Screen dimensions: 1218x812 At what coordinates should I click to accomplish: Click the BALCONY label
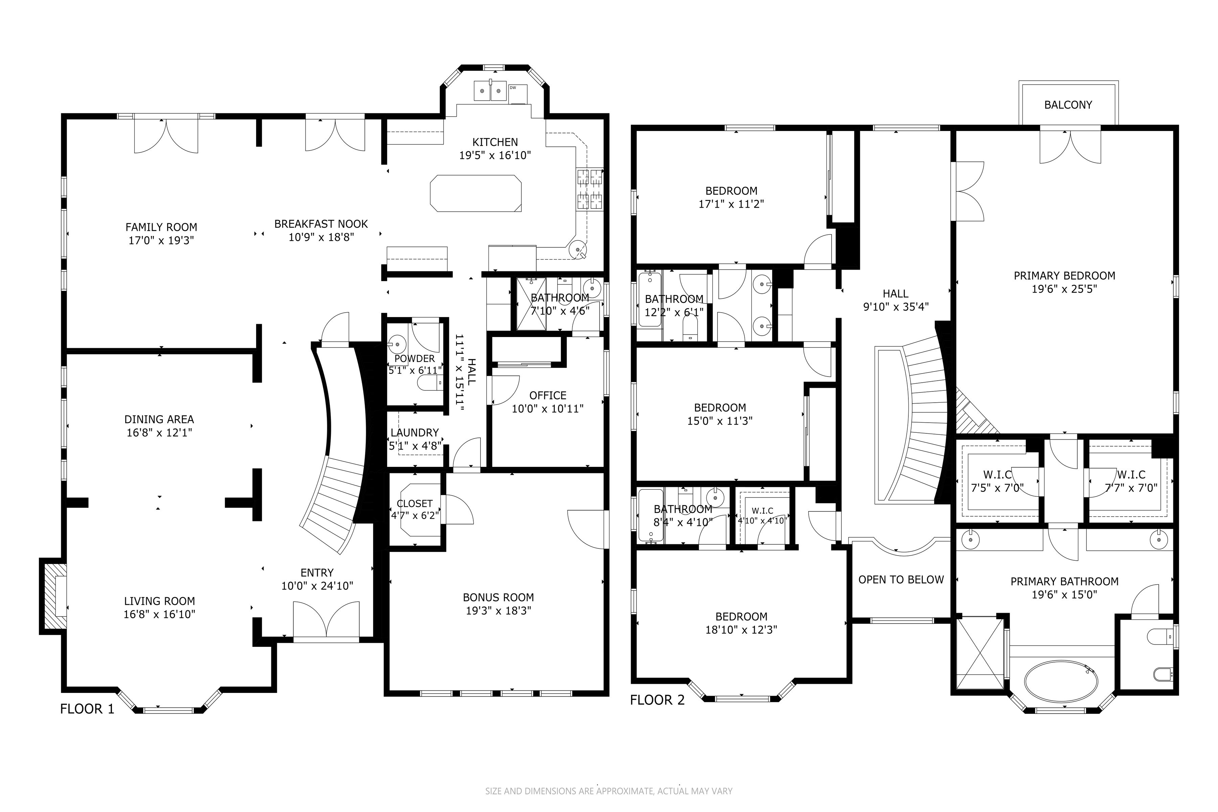(x=1068, y=105)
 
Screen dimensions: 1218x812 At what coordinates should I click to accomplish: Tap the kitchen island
(x=475, y=193)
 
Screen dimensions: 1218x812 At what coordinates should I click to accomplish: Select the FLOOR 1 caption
(x=87, y=709)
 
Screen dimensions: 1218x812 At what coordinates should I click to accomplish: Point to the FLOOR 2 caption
(x=657, y=700)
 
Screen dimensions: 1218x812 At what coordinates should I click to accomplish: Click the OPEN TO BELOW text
(x=901, y=580)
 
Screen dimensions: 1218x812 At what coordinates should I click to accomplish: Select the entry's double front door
(x=326, y=622)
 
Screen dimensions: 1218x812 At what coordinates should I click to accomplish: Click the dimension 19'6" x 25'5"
(x=1064, y=289)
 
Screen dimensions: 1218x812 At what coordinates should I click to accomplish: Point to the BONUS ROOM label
(x=498, y=597)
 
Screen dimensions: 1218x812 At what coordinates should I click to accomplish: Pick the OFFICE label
(x=548, y=396)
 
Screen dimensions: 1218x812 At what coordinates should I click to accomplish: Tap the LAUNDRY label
(x=415, y=432)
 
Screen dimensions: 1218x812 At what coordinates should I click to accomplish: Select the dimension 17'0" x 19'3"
(x=161, y=240)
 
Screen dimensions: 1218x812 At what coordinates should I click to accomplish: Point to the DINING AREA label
(x=159, y=420)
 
